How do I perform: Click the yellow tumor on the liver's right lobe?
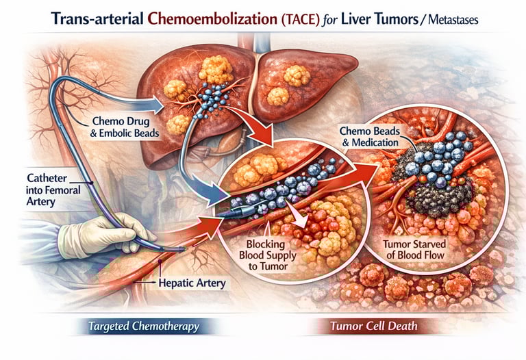296,75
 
